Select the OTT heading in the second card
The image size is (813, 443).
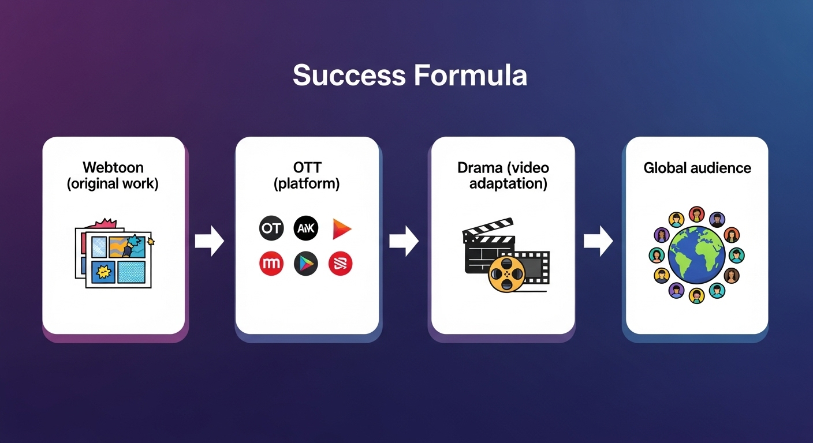[307, 168]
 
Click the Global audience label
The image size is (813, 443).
[697, 168]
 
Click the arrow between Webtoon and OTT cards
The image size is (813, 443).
[209, 241]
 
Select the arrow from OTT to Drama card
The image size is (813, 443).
[404, 241]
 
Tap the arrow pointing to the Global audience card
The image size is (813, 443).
[598, 241]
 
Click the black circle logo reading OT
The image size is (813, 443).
[271, 228]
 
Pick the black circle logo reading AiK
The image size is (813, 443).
[305, 228]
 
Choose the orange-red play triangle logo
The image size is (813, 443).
[341, 229]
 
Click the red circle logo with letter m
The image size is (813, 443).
[271, 264]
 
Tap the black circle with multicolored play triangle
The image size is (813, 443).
[305, 264]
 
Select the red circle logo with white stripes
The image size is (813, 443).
[340, 264]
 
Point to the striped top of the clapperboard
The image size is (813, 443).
[488, 228]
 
